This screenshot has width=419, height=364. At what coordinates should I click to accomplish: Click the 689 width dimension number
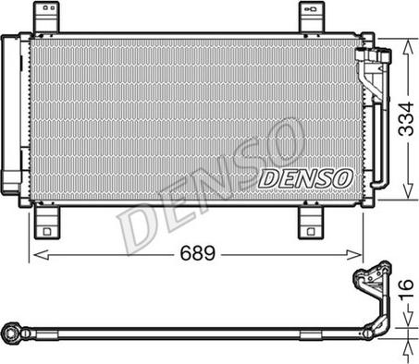click(x=197, y=253)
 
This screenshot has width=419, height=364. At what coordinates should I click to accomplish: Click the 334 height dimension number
click(x=406, y=119)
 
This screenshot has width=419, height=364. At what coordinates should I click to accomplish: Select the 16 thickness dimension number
click(x=406, y=289)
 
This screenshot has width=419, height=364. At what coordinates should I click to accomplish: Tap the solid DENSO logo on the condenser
click(x=305, y=178)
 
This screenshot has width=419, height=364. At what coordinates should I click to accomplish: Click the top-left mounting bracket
click(x=46, y=17)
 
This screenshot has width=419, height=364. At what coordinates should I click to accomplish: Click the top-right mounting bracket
click(x=312, y=17)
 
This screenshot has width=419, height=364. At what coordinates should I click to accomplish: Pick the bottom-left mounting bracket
click(x=46, y=223)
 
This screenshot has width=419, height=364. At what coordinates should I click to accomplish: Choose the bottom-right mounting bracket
click(x=311, y=223)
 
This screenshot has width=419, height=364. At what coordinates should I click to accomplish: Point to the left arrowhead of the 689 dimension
click(x=41, y=255)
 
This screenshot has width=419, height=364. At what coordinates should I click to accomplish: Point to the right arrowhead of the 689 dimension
click(x=354, y=255)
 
